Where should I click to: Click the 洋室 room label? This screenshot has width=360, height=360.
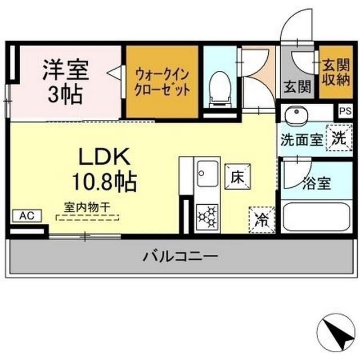tap(65, 71)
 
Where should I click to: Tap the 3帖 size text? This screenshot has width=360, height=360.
tap(65, 93)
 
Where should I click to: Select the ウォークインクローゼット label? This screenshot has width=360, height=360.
tap(161, 82)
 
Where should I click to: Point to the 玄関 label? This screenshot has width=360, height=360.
tap(298, 87)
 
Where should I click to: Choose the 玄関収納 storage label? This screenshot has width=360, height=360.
tap(336, 72)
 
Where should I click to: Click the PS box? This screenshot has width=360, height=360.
tap(344, 111)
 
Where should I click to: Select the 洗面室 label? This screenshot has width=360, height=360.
tap(303, 140)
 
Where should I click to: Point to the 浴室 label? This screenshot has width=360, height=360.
tap(316, 183)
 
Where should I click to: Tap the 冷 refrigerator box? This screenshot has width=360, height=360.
tap(261, 219)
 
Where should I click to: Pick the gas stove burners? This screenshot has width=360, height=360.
tap(206, 217)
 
